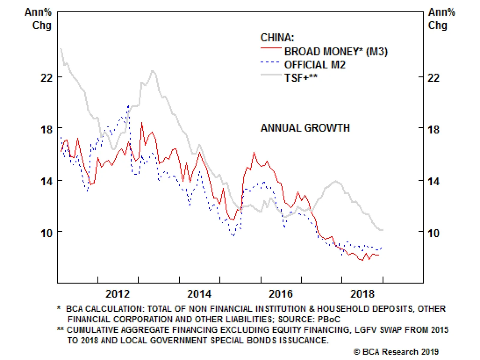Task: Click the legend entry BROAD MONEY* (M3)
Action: [336, 52]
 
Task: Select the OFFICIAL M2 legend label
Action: [315, 65]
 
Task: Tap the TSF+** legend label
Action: [301, 78]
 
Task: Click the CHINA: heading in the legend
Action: [277, 38]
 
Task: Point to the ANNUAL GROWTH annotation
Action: [305, 128]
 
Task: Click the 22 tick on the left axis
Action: [46, 78]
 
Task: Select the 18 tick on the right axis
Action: [433, 130]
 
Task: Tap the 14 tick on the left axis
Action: [46, 182]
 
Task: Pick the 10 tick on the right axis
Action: [433, 233]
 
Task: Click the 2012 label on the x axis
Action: [118, 294]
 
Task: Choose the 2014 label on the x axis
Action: [199, 294]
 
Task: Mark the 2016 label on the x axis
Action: [281, 294]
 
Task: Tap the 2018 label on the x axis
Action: [362, 294]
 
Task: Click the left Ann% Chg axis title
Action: [38, 19]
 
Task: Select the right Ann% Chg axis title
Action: [441, 19]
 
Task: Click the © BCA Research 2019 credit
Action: [396, 352]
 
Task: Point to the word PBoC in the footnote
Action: [329, 319]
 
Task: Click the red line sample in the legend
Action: [271, 48]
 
